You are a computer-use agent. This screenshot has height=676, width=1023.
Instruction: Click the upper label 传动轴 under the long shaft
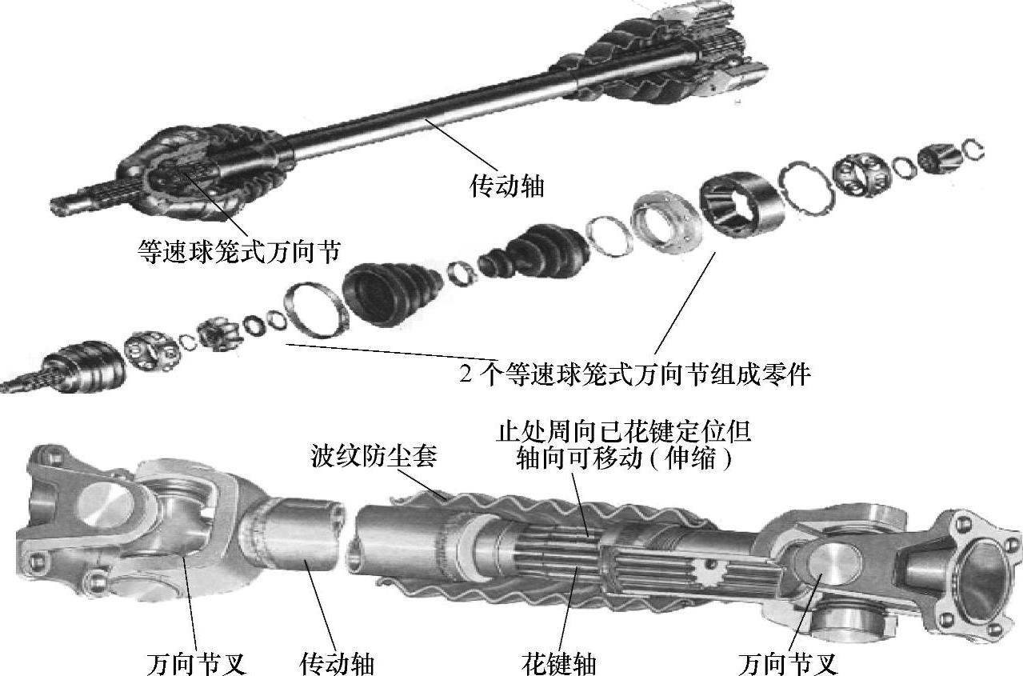[507, 186]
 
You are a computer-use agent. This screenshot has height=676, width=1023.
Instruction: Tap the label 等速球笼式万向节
[239, 252]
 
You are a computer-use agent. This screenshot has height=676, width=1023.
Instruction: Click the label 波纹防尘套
[374, 456]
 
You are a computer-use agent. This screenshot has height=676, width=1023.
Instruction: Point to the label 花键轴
[558, 663]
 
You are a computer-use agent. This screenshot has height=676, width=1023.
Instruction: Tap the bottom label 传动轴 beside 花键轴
[337, 663]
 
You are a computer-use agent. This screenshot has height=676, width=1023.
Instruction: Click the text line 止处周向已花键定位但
[623, 431]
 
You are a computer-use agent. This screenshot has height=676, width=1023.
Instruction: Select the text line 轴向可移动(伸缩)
[624, 458]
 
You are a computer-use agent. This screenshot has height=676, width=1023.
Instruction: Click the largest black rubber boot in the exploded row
[391, 291]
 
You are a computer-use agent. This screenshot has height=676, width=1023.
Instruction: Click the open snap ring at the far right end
[973, 150]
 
